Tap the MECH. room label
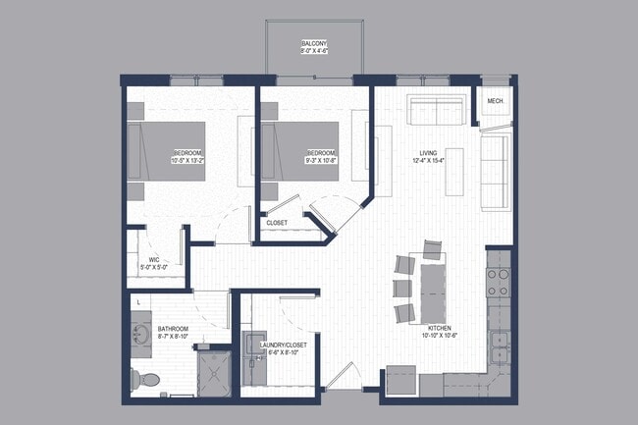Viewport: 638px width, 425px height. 495,101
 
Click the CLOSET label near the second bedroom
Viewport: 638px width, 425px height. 278,223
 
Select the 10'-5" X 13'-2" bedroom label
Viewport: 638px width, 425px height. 187,157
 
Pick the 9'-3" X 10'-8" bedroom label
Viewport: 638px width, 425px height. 321,157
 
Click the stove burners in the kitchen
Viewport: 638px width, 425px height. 498,283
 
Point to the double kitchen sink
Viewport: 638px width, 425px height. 500,346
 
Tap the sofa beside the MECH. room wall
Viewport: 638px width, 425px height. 493,173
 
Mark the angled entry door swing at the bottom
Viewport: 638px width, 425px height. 342,376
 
